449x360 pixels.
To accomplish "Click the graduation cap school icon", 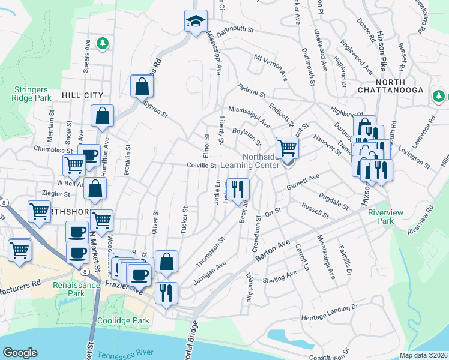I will (195, 22).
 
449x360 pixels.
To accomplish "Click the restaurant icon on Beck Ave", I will (237, 189).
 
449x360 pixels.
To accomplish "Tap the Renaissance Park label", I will (76, 290).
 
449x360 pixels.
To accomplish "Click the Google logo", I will (20, 353).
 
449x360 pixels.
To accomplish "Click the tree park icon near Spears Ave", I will (103, 43).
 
